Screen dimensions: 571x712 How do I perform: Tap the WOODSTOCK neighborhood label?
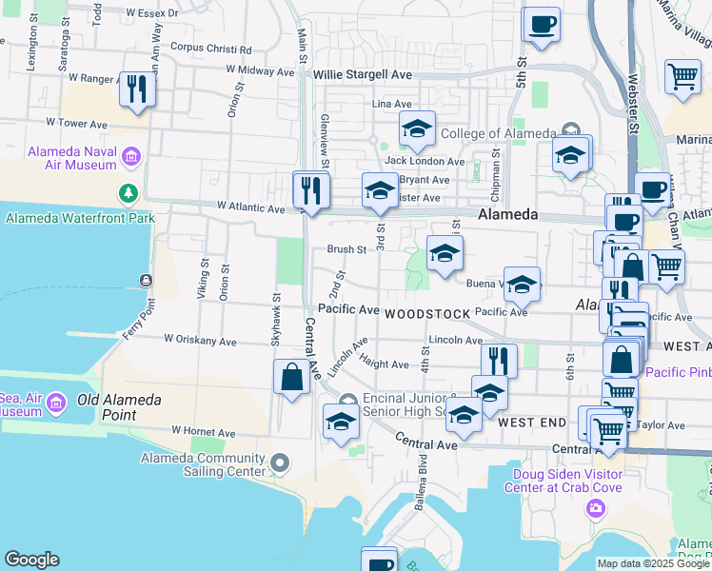428,313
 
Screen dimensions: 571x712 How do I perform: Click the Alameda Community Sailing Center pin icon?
279,463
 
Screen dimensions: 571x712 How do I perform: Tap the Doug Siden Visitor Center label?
569,481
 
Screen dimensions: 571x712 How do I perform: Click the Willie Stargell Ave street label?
365,73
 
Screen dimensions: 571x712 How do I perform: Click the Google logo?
31,560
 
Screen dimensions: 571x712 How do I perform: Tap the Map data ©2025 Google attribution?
652,563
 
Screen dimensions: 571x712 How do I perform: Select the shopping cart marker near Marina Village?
683,77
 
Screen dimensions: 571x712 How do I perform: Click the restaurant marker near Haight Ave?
499,360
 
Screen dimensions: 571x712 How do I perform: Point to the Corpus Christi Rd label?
210,48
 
